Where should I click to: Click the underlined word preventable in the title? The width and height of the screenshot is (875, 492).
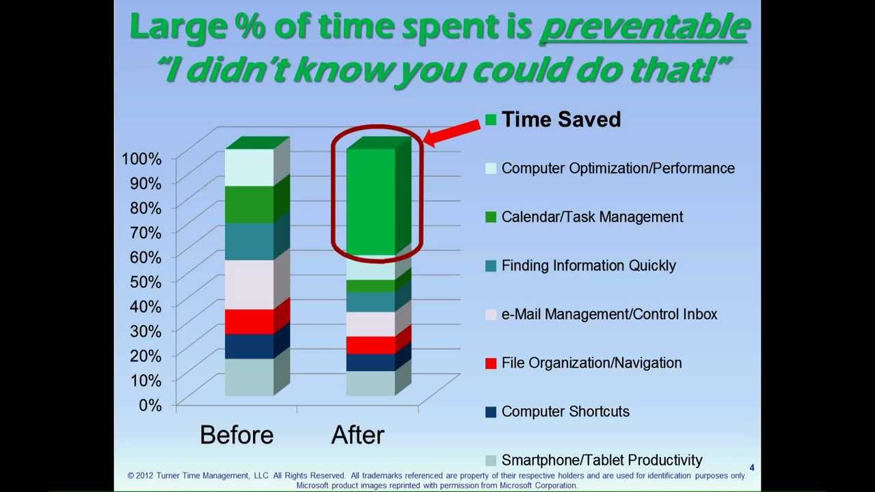pos(644,27)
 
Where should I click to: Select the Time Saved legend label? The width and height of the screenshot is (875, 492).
pos(561,120)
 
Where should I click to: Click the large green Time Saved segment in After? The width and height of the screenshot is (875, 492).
pos(371,202)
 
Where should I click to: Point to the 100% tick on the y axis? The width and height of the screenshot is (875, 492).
pos(142,159)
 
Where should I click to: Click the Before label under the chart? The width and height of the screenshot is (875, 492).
pos(237,435)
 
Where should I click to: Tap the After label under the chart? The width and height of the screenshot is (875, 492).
pos(358,435)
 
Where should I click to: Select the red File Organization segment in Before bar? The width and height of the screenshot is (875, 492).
pos(249,321)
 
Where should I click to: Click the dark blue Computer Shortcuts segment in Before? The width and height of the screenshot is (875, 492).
pos(249,346)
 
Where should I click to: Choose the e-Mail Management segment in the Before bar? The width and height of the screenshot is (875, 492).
pos(249,284)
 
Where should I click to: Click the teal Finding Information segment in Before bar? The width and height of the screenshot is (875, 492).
pos(249,241)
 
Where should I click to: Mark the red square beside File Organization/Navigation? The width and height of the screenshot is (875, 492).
pos(490,364)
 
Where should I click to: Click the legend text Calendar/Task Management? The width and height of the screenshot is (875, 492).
pos(592,217)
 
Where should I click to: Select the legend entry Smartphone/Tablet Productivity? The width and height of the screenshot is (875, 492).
pos(602,460)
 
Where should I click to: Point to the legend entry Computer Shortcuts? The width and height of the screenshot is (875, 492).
pos(565,411)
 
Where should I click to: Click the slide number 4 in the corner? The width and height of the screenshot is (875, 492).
pos(752,468)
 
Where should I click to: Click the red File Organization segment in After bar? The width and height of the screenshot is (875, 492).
pos(370,345)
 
